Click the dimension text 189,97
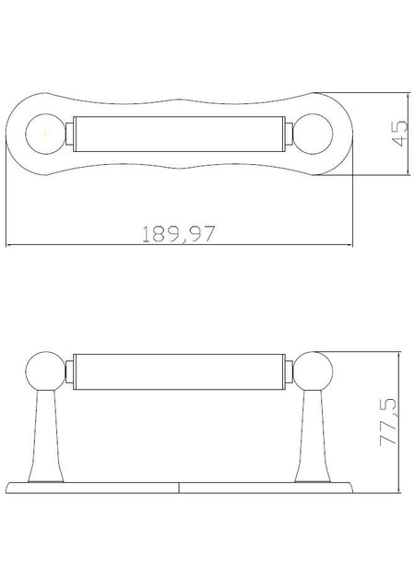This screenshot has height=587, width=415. pyautogui.click(x=179, y=234)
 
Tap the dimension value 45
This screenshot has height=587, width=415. pyautogui.click(x=399, y=134)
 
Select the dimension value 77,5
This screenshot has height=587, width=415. pyautogui.click(x=388, y=421)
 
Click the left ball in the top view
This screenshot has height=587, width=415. pyautogui.click(x=46, y=134)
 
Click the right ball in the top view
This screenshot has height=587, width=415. pyautogui.click(x=313, y=134)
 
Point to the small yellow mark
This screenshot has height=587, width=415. pyautogui.click(x=46, y=134)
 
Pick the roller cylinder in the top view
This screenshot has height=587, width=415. pyautogui.click(x=179, y=134)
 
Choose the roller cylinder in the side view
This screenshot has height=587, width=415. pyautogui.click(x=179, y=371)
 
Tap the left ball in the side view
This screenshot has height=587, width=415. pyautogui.click(x=46, y=371)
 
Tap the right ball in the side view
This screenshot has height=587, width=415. pyautogui.click(x=313, y=371)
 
